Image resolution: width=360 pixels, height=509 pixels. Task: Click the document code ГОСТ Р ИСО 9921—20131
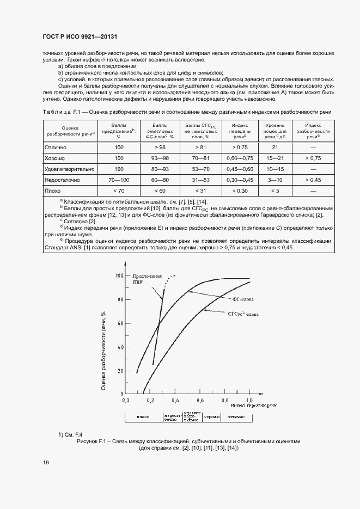(x=80, y=37)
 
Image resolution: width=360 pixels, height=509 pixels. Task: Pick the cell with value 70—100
(x=119, y=179)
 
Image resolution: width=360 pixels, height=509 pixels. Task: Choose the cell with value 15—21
(x=275, y=158)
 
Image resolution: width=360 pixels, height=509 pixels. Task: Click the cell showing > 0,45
(x=313, y=179)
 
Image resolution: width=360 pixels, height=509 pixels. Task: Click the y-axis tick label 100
(x=120, y=276)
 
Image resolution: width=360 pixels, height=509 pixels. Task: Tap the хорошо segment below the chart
(x=211, y=416)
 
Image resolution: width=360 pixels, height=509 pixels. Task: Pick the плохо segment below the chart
(x=144, y=416)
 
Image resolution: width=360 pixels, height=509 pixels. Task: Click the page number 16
(x=46, y=463)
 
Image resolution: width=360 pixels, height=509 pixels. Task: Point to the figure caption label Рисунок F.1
(x=96, y=441)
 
